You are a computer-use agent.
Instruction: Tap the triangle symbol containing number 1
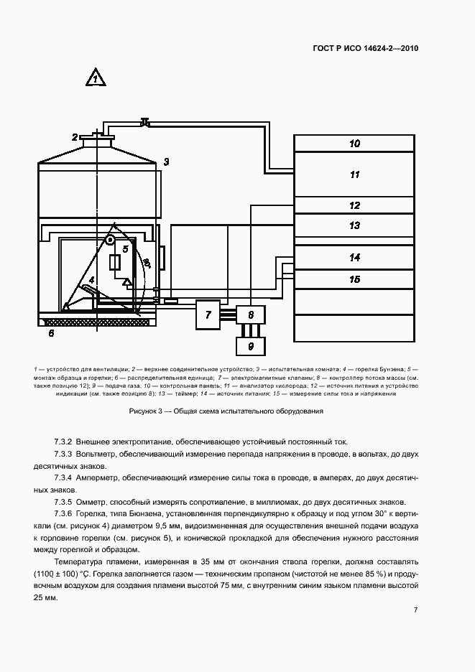[x=95, y=78]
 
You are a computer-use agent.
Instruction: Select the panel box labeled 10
[x=354, y=144]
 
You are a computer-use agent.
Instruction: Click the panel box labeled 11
[x=354, y=174]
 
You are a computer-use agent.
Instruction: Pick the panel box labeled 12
[x=354, y=205]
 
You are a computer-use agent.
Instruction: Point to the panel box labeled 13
[x=354, y=225]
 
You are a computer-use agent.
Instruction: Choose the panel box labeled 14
[x=354, y=257]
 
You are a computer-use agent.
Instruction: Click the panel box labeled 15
[x=354, y=279]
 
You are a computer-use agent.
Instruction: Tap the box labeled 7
[x=208, y=314]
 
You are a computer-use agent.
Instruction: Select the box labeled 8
[x=250, y=314]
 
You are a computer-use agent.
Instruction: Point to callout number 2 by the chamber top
[x=74, y=137]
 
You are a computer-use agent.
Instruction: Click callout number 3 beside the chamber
[x=165, y=162]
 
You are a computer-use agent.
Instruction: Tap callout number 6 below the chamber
[x=50, y=333]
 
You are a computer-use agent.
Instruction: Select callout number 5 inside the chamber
[x=125, y=249]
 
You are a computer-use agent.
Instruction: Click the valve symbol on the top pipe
[x=146, y=123]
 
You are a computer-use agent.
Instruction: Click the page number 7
[x=416, y=610]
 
